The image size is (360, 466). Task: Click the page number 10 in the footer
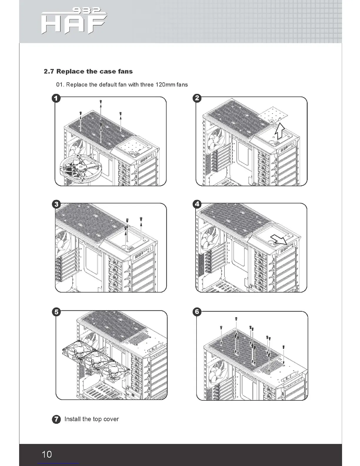point(47,454)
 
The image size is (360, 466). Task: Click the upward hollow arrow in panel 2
point(280,132)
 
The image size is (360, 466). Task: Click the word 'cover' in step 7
point(111,419)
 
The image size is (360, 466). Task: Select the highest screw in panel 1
point(101,101)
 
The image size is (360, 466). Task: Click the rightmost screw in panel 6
point(283,347)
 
